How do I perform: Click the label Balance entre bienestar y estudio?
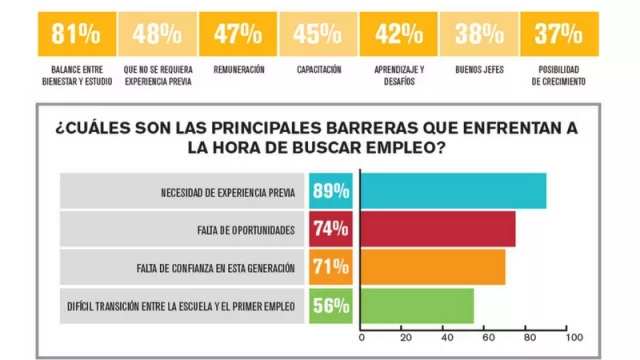click(x=76, y=76)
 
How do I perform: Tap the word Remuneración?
click(x=238, y=70)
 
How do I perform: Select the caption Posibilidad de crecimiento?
click(x=559, y=76)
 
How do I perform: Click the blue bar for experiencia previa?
click(x=453, y=191)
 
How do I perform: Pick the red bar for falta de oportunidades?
click(x=437, y=229)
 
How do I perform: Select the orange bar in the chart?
click(x=432, y=267)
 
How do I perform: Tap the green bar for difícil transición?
click(x=417, y=305)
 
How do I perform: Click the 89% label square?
click(x=330, y=191)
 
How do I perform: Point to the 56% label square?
click(x=330, y=306)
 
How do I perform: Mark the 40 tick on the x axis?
click(x=443, y=337)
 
